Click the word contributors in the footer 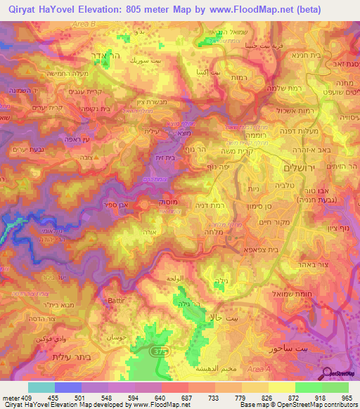click(342, 405)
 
